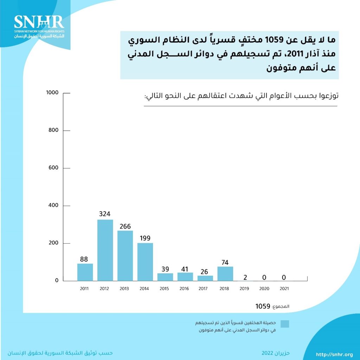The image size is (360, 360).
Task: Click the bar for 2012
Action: (105, 250)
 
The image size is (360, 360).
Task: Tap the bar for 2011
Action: (85, 272)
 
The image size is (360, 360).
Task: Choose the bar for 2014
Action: (145, 262)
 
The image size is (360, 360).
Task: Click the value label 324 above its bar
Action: (105, 214)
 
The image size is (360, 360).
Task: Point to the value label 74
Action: (225, 262)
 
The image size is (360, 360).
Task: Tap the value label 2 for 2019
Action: (245, 278)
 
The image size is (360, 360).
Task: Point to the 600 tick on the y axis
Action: (54, 168)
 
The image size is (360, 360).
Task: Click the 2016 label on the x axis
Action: (184, 289)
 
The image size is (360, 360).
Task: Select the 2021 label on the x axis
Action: (284, 289)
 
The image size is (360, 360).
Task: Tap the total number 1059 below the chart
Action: (263, 306)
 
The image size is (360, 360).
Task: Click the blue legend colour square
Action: (285, 324)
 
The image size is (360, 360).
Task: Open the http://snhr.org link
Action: (334, 354)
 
